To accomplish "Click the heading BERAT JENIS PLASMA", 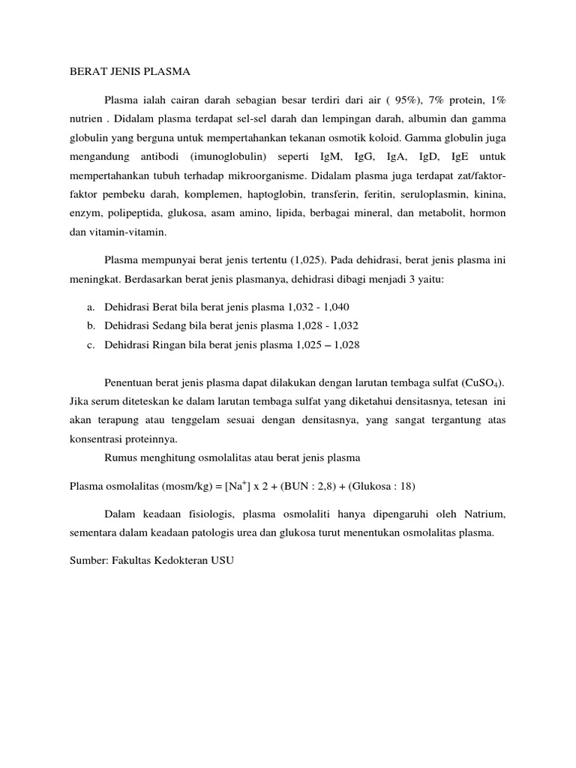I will [x=130, y=72].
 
